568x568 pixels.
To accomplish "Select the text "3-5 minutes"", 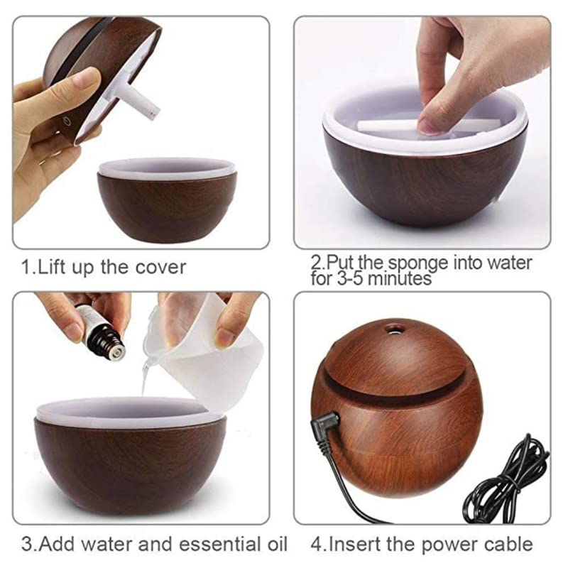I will coord(371,278).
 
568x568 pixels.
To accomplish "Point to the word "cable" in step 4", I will coord(506,545).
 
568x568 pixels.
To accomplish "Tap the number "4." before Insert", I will coord(317,545).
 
